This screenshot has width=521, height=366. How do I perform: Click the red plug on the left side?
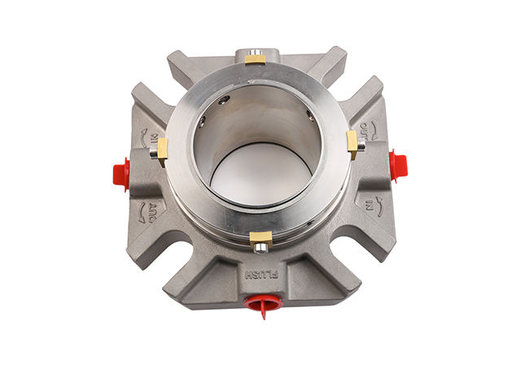point(121,174)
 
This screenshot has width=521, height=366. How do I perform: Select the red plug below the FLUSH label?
point(262,304)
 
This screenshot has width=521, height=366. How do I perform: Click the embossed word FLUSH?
point(261,275)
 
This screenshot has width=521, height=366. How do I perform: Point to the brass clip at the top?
point(255,59)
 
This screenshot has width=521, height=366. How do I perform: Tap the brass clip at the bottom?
point(260,238)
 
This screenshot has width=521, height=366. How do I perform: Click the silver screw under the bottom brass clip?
point(260,247)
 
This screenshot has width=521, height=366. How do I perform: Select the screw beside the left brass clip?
point(153,152)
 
